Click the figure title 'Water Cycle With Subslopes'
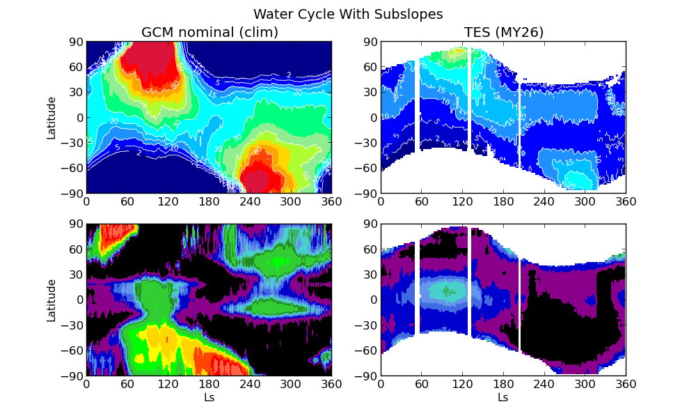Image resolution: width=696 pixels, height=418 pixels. (x=348, y=14)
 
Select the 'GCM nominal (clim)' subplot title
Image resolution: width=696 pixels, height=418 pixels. (x=209, y=32)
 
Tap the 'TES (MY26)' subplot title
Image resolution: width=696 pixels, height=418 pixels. (x=504, y=32)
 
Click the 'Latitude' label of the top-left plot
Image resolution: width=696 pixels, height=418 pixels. (x=52, y=118)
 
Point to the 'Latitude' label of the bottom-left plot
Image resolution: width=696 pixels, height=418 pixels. (x=52, y=300)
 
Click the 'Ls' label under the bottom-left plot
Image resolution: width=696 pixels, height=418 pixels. (x=209, y=398)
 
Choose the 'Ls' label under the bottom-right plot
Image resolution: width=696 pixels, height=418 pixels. (x=503, y=398)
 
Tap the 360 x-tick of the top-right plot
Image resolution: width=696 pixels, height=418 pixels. (x=626, y=201)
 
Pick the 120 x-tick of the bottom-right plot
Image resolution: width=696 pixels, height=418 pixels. (x=462, y=384)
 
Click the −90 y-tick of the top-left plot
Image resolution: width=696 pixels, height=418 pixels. (x=72, y=193)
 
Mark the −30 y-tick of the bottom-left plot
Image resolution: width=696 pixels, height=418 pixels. (x=72, y=325)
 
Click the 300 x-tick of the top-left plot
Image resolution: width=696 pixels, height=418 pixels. (x=291, y=201)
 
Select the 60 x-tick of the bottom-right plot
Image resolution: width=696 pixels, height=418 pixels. (x=422, y=384)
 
